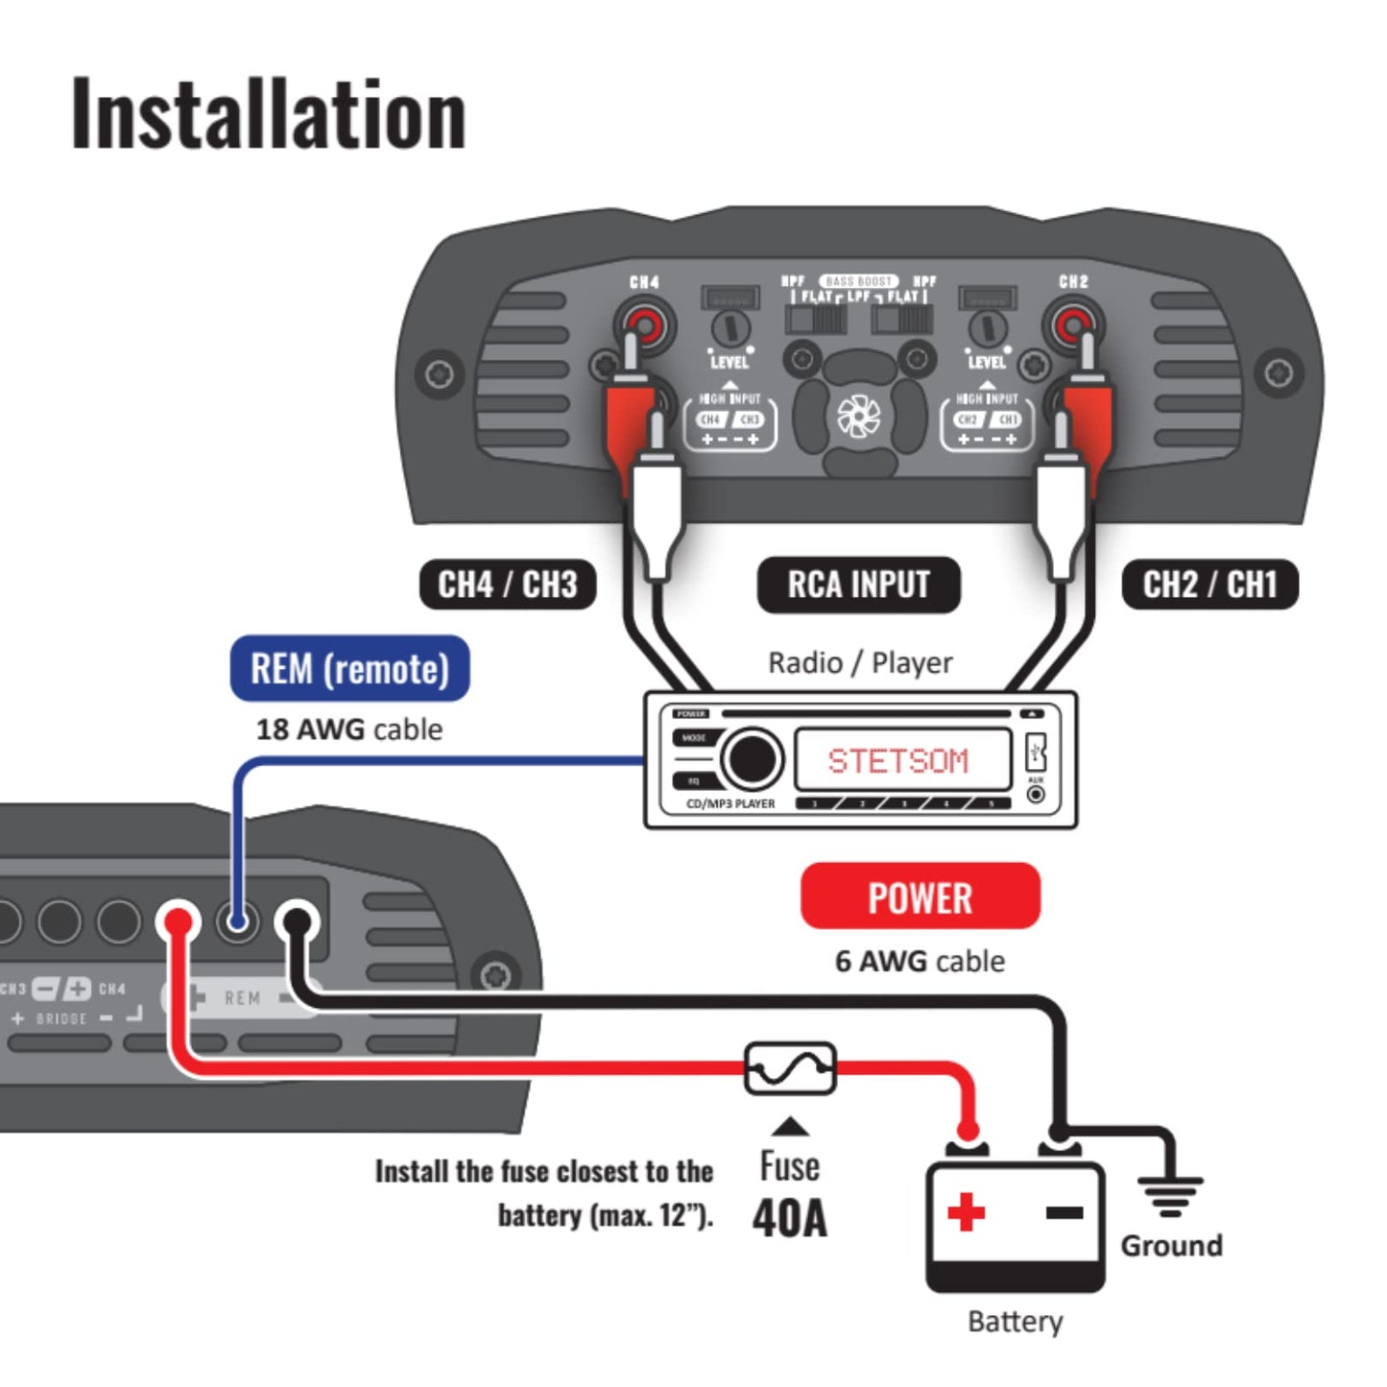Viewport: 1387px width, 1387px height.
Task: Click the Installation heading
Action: point(269,115)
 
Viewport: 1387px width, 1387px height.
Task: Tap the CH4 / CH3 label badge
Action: point(508,585)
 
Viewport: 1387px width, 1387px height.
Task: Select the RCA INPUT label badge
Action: point(858,585)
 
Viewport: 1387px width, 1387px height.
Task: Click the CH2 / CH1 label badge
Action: point(1209,585)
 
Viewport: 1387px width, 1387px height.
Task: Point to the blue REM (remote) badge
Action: point(350,669)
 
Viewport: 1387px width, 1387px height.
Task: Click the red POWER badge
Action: point(920,897)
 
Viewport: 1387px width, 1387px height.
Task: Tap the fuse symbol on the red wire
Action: point(790,1067)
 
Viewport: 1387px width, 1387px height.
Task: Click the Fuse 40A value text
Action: point(789,1218)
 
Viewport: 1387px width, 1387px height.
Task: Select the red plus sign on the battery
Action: point(966,1211)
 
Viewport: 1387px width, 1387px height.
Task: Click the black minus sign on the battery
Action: point(1064,1213)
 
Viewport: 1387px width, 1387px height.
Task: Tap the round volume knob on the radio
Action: point(752,759)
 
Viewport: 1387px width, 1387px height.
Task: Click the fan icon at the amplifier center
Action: point(858,416)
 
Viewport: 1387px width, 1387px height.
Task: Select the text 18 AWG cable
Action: point(349,729)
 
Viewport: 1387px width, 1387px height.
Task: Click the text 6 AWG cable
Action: point(920,961)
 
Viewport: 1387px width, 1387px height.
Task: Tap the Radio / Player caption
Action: point(860,662)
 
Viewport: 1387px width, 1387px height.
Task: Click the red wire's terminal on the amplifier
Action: point(179,922)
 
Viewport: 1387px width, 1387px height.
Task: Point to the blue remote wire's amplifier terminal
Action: point(237,922)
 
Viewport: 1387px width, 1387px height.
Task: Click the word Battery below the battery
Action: point(1015,1322)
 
